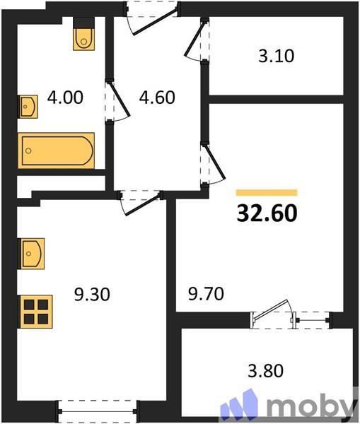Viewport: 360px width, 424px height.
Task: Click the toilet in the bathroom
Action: tap(83, 36)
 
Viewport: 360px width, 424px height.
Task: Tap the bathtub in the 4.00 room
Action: tap(57, 150)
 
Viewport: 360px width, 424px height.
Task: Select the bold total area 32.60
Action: tap(267, 212)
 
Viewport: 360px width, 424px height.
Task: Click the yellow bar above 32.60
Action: tap(267, 192)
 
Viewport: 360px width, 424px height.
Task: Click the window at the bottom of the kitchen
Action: tap(97, 408)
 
